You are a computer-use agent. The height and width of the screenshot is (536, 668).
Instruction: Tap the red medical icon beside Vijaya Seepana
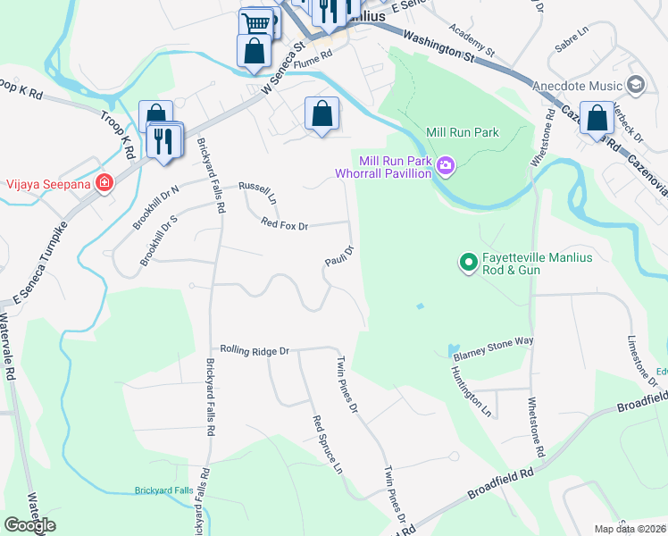pyautogui.click(x=105, y=183)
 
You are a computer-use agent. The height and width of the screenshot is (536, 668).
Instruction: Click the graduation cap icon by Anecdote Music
pyautogui.click(x=636, y=85)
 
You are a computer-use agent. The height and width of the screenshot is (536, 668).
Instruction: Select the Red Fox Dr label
pyautogui.click(x=284, y=225)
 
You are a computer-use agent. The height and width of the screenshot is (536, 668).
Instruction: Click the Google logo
pyautogui.click(x=30, y=524)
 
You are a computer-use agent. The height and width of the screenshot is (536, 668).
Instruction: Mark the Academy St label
pyautogui.click(x=473, y=37)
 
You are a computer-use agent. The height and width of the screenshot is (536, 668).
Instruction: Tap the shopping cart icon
pyautogui.click(x=257, y=21)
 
